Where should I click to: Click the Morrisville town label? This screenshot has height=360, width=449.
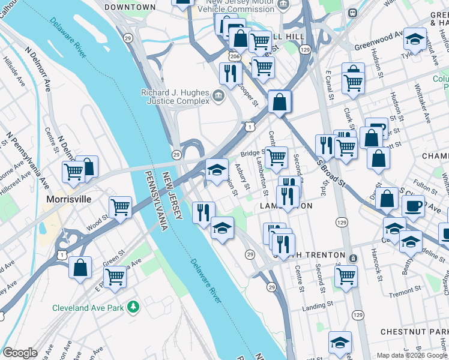(x=69, y=199)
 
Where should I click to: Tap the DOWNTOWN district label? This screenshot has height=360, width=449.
(x=129, y=7)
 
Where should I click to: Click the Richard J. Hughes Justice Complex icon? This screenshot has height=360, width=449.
(x=218, y=94)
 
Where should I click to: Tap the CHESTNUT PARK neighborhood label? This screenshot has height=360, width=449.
(x=414, y=332)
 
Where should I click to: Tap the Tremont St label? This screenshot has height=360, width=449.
(x=404, y=291)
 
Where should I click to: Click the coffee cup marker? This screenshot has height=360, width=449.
(x=414, y=206)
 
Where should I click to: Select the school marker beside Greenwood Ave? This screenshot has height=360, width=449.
(x=414, y=39)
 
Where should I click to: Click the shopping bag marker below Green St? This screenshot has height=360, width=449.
(x=80, y=268)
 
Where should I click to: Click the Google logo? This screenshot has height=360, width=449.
(x=20, y=353)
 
